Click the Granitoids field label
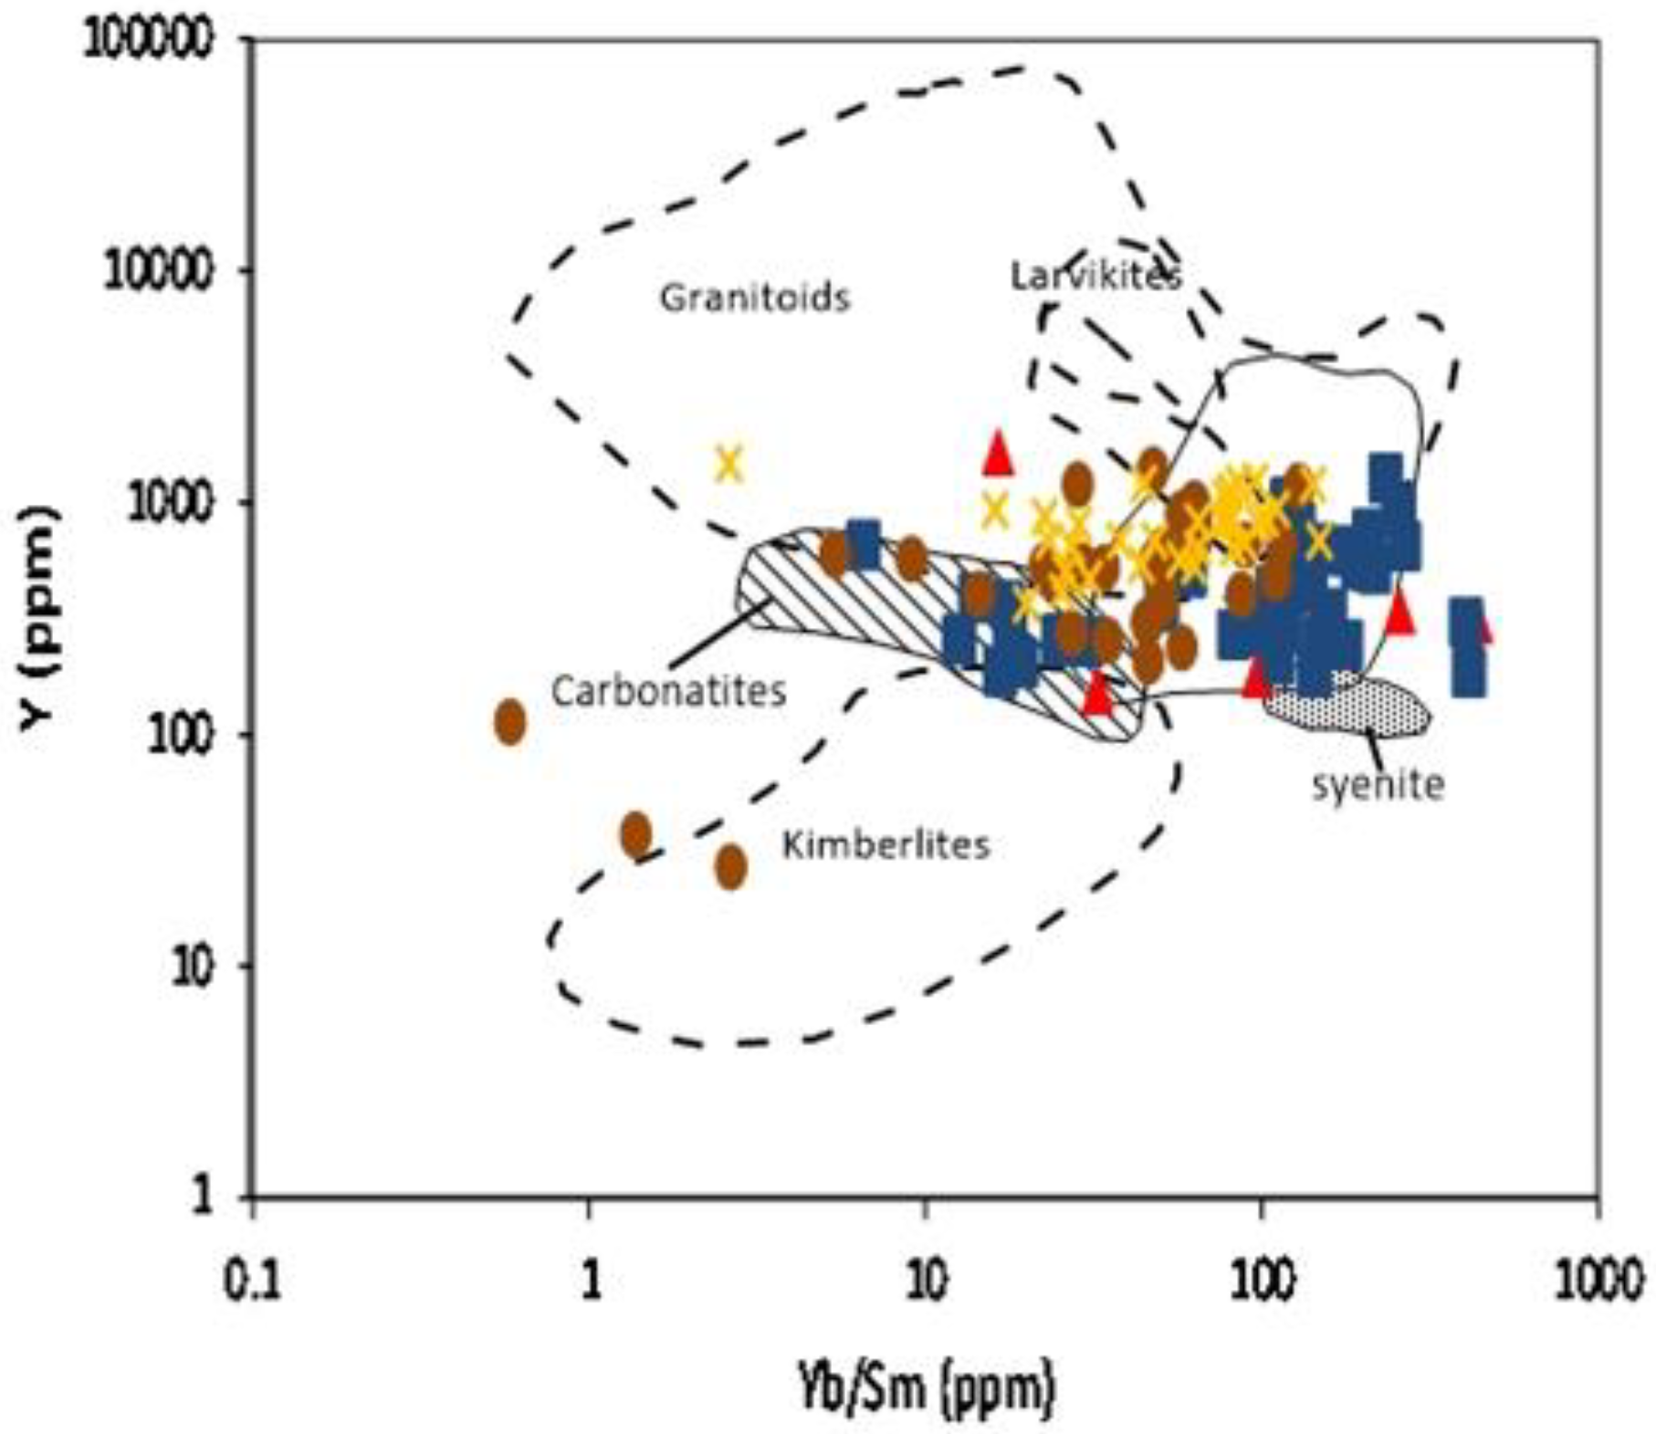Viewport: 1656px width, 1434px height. (x=754, y=298)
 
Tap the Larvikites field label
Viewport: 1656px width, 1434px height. (x=1095, y=275)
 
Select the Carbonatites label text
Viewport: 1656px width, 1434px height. (x=668, y=690)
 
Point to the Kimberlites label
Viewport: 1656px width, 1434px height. (x=886, y=844)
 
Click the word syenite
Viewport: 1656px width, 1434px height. (x=1378, y=783)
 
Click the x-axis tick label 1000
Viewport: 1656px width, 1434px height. (x=1597, y=1282)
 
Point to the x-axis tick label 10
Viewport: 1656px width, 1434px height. (x=925, y=1282)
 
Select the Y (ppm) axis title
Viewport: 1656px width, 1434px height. (x=40, y=618)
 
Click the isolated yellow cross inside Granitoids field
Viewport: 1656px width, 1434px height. (x=728, y=464)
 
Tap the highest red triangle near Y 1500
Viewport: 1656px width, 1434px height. (x=998, y=453)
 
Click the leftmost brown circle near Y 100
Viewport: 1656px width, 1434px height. (x=510, y=722)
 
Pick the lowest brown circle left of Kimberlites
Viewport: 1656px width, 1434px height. (x=730, y=866)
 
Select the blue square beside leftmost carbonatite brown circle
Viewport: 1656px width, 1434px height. (x=863, y=545)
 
